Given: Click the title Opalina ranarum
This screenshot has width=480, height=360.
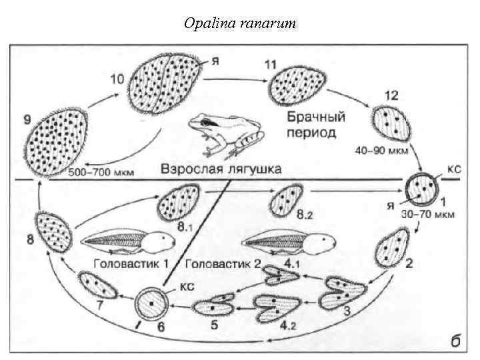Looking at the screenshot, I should [x=239, y=23].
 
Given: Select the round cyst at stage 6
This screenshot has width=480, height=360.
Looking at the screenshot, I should [x=152, y=306].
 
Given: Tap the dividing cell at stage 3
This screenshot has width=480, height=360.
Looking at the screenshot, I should [x=344, y=293].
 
